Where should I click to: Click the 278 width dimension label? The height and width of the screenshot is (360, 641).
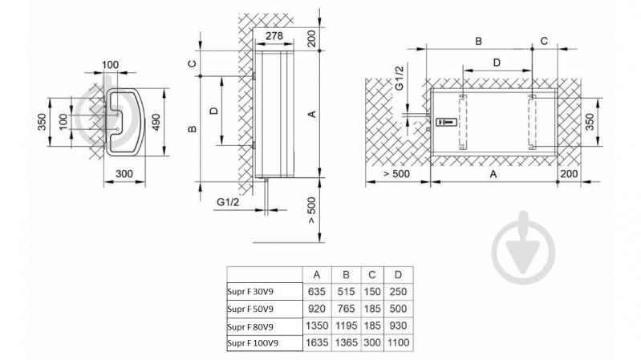point(274,36)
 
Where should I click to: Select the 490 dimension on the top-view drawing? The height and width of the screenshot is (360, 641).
point(156,122)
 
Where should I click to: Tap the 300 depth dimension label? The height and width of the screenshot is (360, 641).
point(124,174)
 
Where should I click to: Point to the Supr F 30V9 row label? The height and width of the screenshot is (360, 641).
point(250,291)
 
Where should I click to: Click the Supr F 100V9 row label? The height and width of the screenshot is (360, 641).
point(253,343)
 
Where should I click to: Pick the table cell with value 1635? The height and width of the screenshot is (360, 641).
point(317,342)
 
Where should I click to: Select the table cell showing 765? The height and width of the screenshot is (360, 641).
point(346,309)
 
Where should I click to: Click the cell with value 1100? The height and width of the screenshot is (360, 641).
point(398,342)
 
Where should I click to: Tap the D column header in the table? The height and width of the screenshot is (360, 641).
point(398,275)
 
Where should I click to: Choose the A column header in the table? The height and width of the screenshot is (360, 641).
point(317,275)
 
